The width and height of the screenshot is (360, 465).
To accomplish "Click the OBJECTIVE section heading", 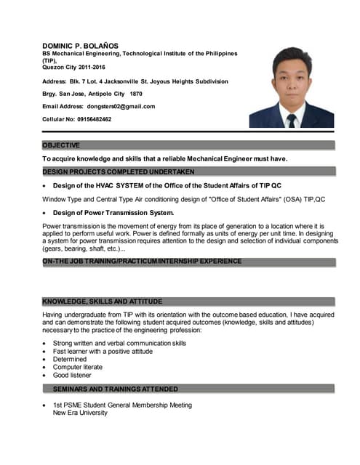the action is click(x=61, y=145).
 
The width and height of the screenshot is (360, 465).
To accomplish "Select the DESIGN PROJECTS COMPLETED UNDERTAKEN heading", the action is click(x=119, y=171).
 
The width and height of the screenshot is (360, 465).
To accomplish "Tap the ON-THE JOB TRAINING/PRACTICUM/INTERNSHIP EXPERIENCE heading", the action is click(x=142, y=261).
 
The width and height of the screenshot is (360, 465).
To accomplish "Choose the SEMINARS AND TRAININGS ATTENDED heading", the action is click(x=120, y=389).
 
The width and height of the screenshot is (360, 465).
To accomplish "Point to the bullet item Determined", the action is click(x=70, y=359).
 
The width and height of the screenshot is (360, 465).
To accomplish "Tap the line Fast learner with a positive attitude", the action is click(x=103, y=351).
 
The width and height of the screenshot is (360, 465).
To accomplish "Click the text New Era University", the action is click(x=80, y=413).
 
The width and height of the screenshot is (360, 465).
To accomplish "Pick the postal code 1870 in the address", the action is click(x=136, y=94).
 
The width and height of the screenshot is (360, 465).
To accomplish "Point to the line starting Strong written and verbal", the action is click(x=119, y=343).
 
